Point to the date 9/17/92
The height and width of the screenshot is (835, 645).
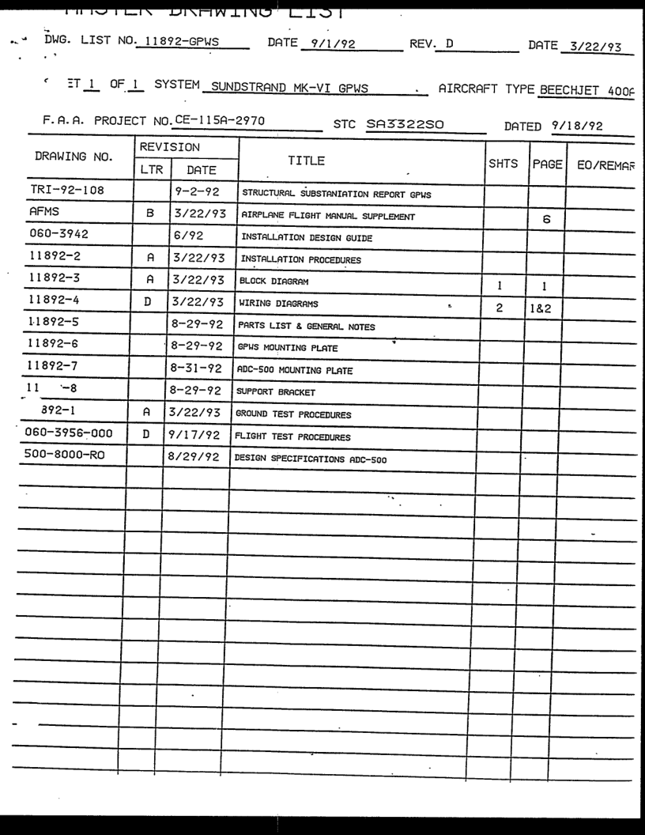coord(194,436)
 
